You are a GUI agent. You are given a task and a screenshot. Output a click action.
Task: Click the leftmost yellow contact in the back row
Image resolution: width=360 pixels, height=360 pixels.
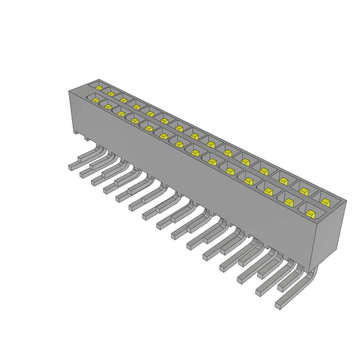[99, 88]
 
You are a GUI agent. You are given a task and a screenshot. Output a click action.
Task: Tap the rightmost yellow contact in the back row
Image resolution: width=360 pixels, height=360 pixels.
[326, 202]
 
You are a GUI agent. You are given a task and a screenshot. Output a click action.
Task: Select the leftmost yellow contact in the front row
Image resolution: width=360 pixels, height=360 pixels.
[95, 100]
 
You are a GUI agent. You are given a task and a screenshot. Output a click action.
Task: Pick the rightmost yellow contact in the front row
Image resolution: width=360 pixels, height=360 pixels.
[310, 214]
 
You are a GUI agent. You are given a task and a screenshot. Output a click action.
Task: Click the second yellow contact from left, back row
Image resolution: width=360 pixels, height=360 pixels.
[111, 94]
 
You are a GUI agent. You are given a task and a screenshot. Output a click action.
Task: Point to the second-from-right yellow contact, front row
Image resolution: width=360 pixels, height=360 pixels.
[289, 202]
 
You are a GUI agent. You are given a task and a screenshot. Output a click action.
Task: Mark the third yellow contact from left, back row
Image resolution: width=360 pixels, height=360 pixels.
[123, 100]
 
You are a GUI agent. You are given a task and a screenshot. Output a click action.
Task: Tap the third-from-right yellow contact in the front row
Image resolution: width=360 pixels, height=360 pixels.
[268, 192]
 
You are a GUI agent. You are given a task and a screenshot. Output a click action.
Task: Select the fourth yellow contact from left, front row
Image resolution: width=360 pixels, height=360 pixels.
[135, 121]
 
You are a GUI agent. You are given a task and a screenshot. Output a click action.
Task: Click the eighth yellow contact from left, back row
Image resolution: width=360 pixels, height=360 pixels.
[195, 136]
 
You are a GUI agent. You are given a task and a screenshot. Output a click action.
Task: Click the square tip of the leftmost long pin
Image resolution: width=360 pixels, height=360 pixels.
[70, 168]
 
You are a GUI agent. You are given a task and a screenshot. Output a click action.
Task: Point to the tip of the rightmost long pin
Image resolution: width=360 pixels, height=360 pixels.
[278, 306]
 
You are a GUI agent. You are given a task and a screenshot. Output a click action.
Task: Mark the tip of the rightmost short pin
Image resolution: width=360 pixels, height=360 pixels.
[281, 288]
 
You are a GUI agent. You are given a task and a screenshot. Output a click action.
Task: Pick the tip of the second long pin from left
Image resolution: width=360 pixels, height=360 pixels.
[82, 175]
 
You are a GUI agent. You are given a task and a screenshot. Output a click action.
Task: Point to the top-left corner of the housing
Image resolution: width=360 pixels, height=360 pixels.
[69, 91]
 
